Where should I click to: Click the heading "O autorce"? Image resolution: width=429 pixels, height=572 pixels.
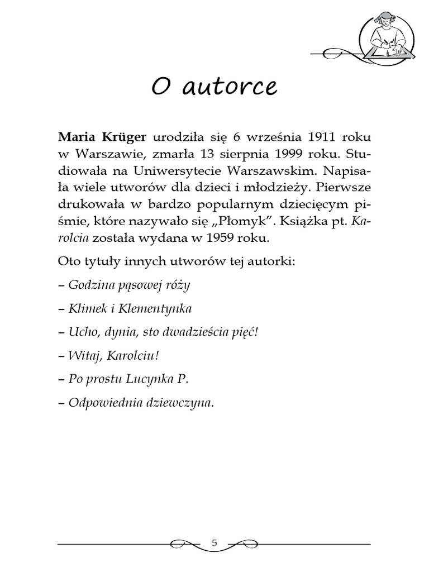214,87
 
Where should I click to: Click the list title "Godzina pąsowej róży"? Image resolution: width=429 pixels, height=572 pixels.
129,285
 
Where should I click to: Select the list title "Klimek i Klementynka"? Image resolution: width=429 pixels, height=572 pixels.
130,308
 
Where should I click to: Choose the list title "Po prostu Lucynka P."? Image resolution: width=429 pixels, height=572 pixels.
128,379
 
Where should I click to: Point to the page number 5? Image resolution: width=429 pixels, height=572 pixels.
214,542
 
